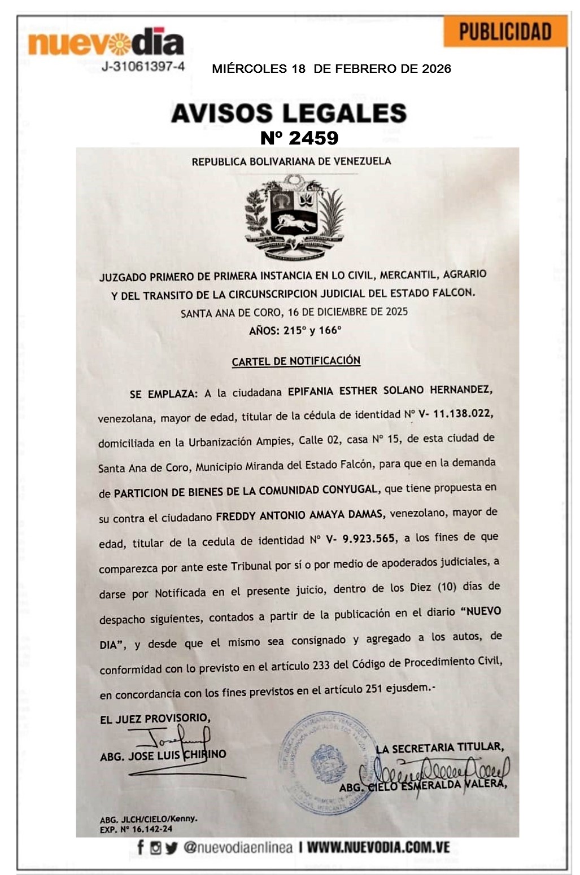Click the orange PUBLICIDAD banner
tap(505, 32)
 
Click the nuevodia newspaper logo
tap(106, 43)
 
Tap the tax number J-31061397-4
tap(143, 67)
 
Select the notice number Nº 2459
tap(299, 138)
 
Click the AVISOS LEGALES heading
tap(289, 113)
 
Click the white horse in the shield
tap(295, 223)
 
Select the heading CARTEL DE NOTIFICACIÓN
tap(296, 361)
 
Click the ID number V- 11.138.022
tap(455, 414)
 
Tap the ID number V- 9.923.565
tap(360, 539)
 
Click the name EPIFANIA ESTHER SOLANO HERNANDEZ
tap(390, 390)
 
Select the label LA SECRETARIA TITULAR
tap(439, 748)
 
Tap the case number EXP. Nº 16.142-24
tap(136, 829)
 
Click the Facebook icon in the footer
tap(141, 847)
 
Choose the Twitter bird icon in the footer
tap(171, 848)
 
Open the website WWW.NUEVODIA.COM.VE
tap(378, 847)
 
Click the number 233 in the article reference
tap(321, 665)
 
